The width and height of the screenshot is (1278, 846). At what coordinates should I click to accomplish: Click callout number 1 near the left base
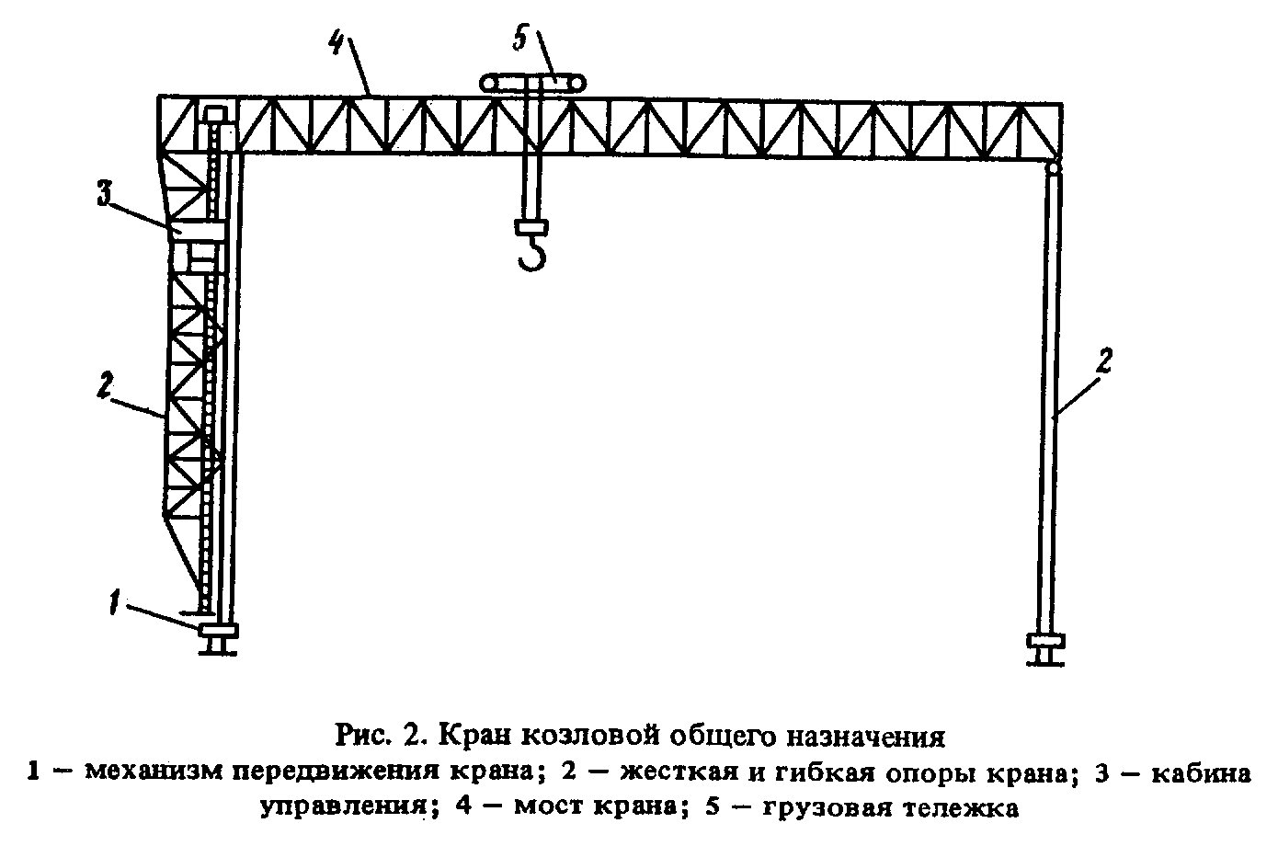point(116,603)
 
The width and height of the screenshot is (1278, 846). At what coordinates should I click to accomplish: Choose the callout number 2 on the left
point(105,385)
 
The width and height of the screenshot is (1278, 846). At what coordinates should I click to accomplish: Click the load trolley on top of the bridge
point(533,84)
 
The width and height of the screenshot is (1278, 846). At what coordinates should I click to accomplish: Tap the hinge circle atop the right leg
point(1053,168)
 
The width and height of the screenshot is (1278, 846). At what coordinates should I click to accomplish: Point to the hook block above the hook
point(531,227)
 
